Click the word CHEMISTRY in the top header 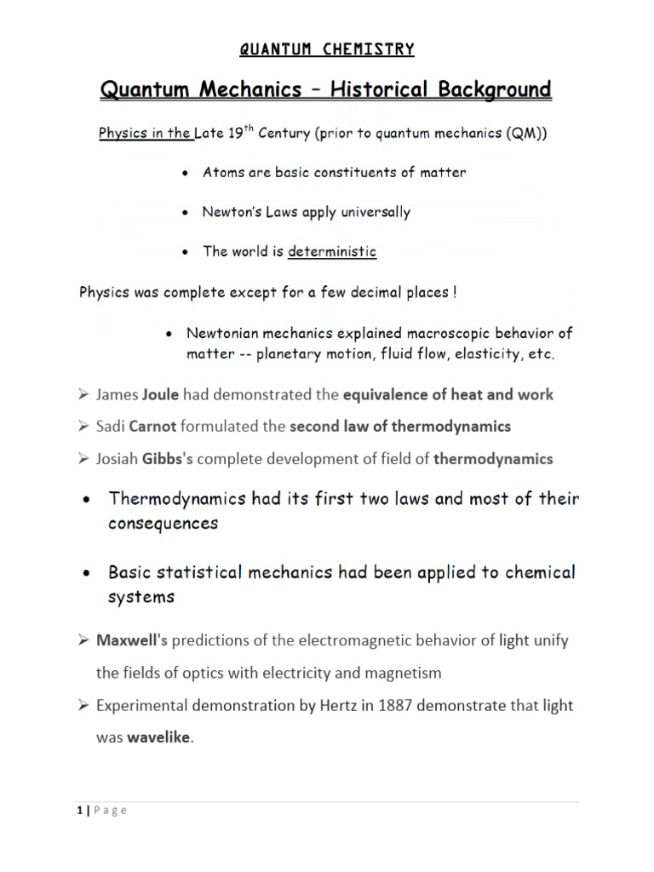(369, 49)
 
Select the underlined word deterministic (332, 251)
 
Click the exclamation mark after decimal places (456, 292)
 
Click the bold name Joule (161, 394)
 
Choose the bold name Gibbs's (168, 458)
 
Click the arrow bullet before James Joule (83, 394)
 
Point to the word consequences (163, 524)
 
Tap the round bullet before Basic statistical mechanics (86, 573)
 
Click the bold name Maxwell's (126, 640)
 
